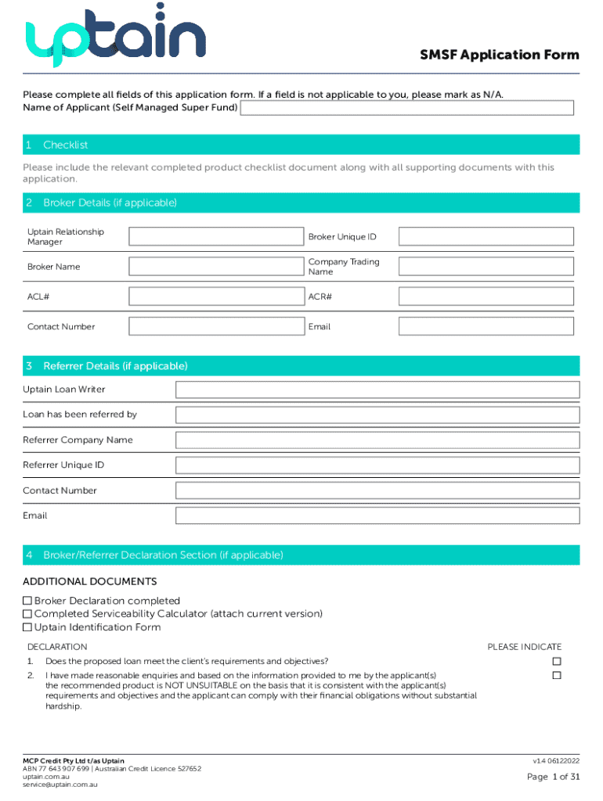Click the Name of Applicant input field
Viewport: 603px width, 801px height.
click(407, 107)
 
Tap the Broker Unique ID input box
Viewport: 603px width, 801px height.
click(486, 236)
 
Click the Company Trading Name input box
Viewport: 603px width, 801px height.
click(486, 267)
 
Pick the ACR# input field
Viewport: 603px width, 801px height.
click(486, 296)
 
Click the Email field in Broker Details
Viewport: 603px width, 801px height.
click(486, 326)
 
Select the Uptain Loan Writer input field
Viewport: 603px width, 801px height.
click(377, 390)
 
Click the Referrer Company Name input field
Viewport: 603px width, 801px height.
click(377, 440)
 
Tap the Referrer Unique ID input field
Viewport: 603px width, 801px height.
click(377, 465)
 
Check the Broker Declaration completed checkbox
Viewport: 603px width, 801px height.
click(27, 601)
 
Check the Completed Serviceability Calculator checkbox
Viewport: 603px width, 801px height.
click(27, 614)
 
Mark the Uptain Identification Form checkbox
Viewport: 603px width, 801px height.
click(27, 627)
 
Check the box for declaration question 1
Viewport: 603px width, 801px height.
click(557, 662)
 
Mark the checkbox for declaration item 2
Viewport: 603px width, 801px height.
click(557, 675)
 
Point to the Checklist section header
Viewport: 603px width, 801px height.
click(66, 145)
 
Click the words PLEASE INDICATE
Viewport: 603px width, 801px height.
click(524, 647)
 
